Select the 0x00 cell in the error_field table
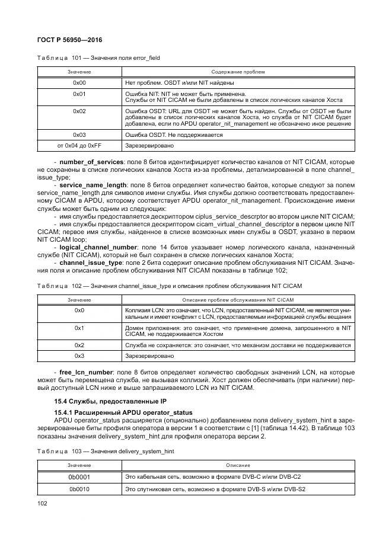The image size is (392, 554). tap(79, 83)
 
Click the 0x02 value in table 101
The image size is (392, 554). tap(79, 111)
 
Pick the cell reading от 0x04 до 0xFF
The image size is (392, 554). tap(79, 145)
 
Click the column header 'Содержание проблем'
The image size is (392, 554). tap(238, 72)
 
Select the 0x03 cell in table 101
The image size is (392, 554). tap(79, 135)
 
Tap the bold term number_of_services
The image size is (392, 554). tap(92, 161)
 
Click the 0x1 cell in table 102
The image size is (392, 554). tap(79, 328)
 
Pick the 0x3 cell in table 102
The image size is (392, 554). tap(79, 356)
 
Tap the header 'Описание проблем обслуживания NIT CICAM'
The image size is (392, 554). tap(238, 300)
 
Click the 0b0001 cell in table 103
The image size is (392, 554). tap(79, 476)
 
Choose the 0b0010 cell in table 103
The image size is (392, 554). tap(79, 489)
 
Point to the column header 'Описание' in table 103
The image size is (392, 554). tap(238, 465)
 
